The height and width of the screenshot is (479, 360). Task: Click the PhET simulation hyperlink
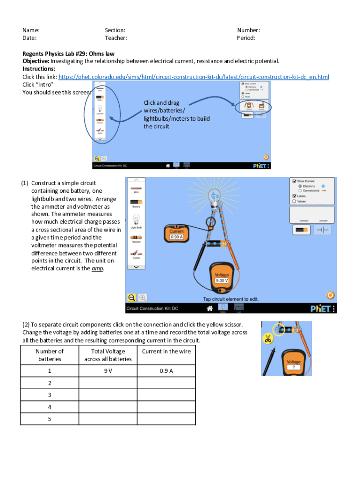194,77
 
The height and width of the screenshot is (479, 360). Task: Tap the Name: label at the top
31,30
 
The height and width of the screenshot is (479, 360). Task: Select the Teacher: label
116,38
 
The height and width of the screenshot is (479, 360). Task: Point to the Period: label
246,38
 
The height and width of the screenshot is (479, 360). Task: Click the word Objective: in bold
36,61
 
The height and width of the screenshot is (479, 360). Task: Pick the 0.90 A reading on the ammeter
177,237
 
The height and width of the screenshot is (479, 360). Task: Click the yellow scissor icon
268,339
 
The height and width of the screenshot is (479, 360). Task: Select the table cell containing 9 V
108,371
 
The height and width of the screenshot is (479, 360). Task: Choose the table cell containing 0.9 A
166,371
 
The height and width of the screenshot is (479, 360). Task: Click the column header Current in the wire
166,351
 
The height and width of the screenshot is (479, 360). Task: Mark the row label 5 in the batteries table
50,419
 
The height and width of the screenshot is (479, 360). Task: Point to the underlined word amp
97,269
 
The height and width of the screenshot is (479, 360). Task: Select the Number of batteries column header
50,355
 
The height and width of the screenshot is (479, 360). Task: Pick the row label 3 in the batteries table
50,395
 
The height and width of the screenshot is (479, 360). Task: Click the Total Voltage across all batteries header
108,355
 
